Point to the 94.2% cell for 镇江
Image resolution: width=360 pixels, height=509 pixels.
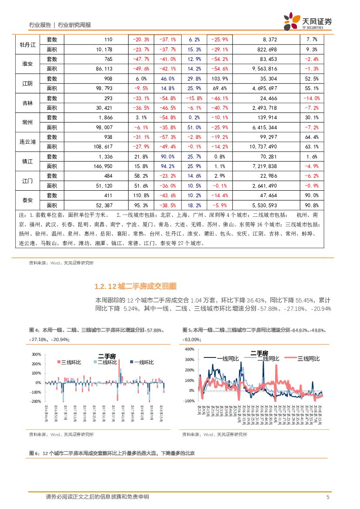[168, 166]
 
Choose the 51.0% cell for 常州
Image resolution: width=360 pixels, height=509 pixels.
[194, 128]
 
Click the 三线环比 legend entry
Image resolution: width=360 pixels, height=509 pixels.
[67, 362]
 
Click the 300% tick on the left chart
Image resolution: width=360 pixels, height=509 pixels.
[37, 354]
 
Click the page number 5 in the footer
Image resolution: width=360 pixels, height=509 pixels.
[327, 497]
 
